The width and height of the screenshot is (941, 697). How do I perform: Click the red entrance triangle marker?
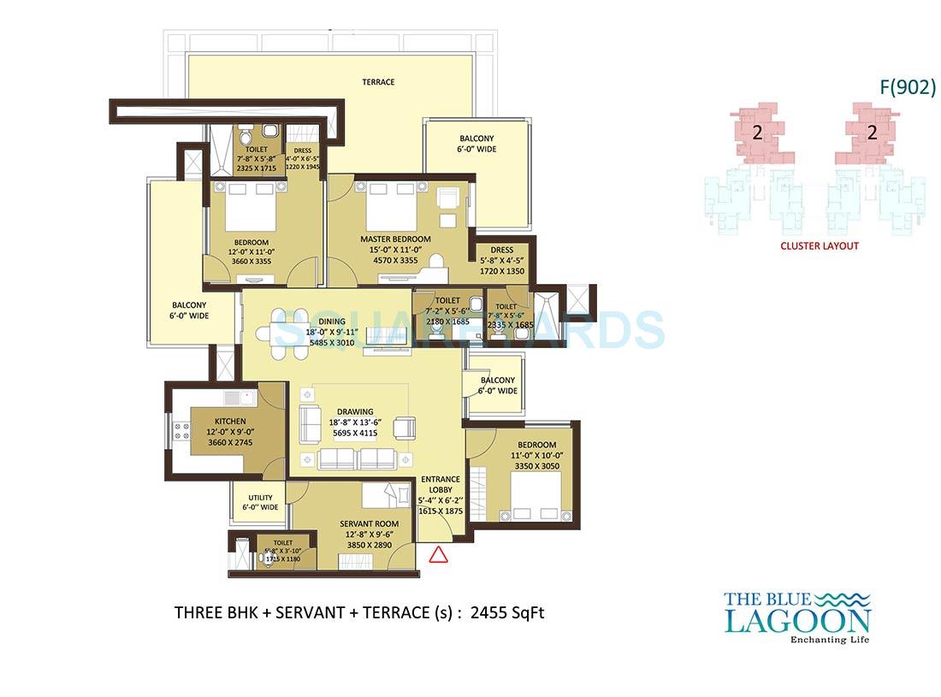click(438, 554)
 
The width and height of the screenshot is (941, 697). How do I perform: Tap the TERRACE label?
click(378, 82)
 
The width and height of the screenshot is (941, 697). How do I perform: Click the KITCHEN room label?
click(230, 422)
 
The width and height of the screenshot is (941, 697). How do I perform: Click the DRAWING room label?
click(354, 411)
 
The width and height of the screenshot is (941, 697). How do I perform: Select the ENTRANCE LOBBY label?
click(441, 485)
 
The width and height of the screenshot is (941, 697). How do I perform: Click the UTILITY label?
click(260, 498)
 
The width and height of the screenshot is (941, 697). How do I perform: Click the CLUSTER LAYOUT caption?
click(820, 245)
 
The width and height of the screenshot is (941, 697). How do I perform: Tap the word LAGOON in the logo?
click(797, 620)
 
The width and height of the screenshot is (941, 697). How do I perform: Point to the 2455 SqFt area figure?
click(507, 612)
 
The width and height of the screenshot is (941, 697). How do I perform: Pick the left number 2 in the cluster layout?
click(757, 133)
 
